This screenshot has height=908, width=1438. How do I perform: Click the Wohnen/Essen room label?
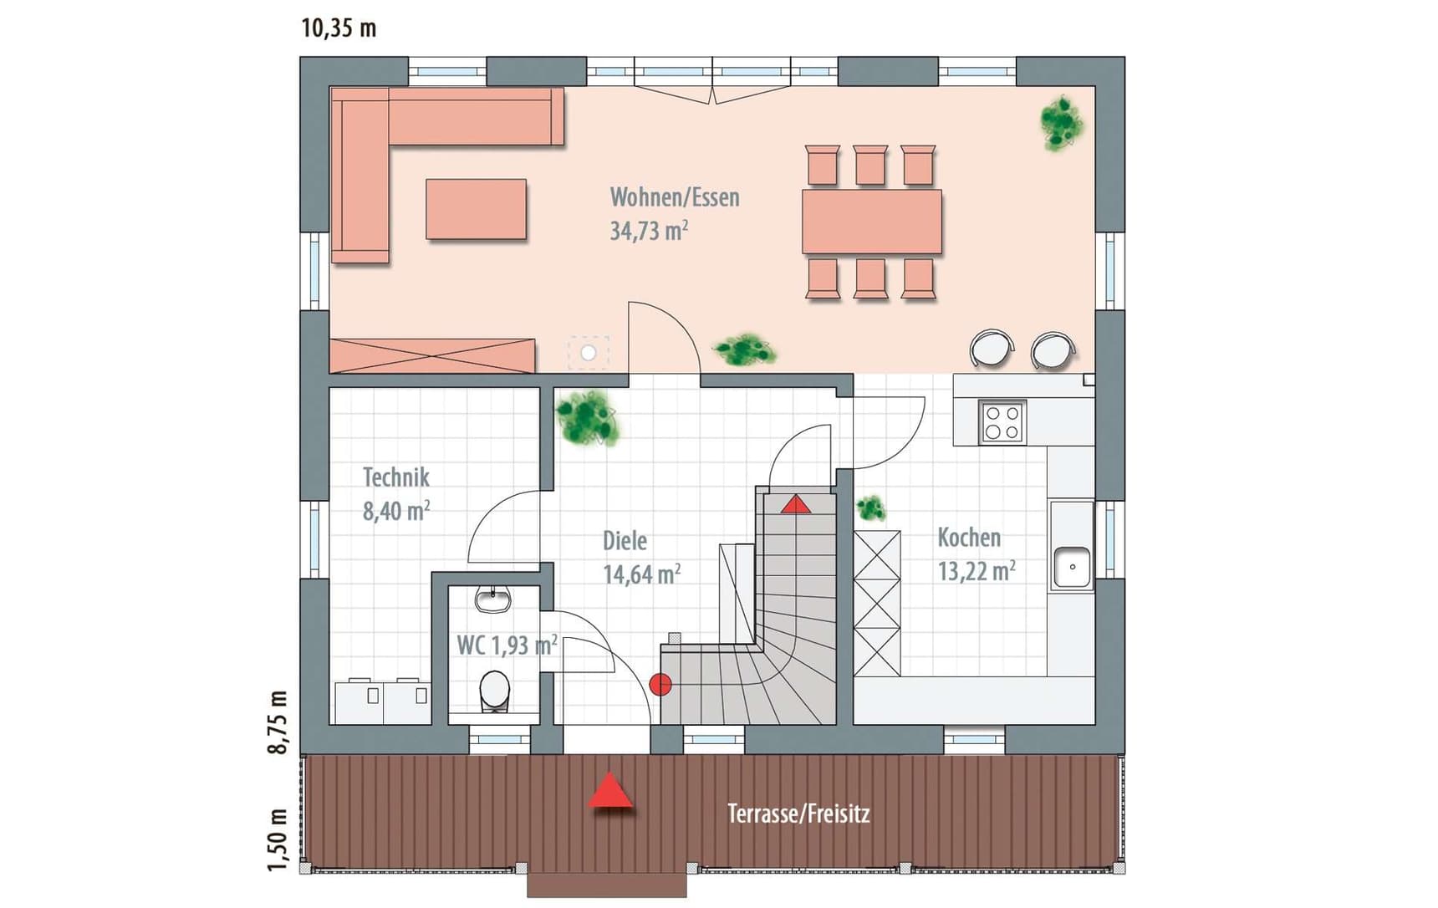pyautogui.click(x=675, y=197)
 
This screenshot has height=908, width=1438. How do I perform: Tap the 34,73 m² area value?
pyautogui.click(x=649, y=230)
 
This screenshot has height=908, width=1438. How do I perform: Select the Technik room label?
pyautogui.click(x=396, y=477)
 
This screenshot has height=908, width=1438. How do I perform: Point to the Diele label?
pyautogui.click(x=625, y=540)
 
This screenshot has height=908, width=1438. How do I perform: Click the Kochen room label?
pyautogui.click(x=969, y=537)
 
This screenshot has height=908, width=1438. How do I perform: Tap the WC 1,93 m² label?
pyautogui.click(x=507, y=645)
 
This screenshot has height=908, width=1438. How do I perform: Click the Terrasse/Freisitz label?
pyautogui.click(x=798, y=813)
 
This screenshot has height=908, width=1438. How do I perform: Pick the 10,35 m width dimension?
pyautogui.click(x=339, y=28)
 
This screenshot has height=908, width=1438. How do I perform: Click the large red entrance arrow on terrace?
pyautogui.click(x=610, y=790)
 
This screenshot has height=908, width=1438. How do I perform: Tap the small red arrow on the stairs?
pyautogui.click(x=796, y=504)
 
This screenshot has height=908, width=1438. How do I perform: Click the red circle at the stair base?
pyautogui.click(x=660, y=684)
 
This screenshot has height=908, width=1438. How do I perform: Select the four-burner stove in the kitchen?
pyautogui.click(x=1002, y=422)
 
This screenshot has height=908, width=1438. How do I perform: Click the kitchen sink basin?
pyautogui.click(x=1072, y=567)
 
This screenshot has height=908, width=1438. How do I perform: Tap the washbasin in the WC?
pyautogui.click(x=493, y=599)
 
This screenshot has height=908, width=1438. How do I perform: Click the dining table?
pyautogui.click(x=872, y=222)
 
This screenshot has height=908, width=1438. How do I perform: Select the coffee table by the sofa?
pyautogui.click(x=477, y=209)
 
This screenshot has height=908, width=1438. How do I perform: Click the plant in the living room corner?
pyautogui.click(x=1063, y=123)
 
